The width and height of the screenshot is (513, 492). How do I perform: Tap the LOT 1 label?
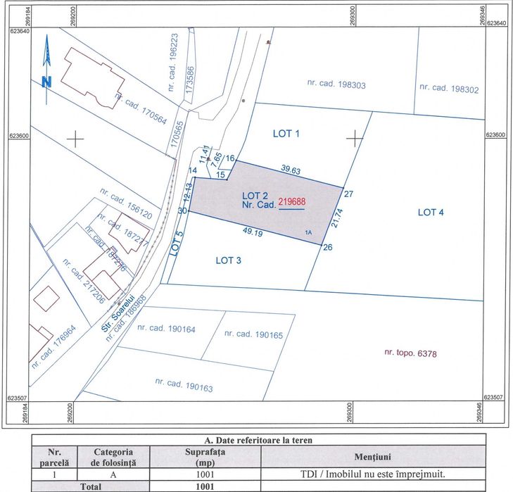[286, 133]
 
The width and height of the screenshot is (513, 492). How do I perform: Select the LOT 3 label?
[229, 260]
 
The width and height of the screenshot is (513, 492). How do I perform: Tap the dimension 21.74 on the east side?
[337, 217]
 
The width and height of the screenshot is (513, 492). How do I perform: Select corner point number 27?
[348, 193]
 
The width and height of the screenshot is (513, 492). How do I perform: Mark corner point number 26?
[327, 247]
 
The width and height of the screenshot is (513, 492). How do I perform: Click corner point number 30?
[182, 210]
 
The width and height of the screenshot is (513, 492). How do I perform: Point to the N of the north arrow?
[46, 81]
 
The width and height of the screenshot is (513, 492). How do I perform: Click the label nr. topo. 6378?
[410, 353]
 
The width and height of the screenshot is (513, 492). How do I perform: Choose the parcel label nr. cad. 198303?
[336, 84]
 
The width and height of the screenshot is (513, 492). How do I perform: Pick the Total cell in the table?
[89, 486]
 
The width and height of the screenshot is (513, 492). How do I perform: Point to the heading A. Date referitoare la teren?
[258, 440]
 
